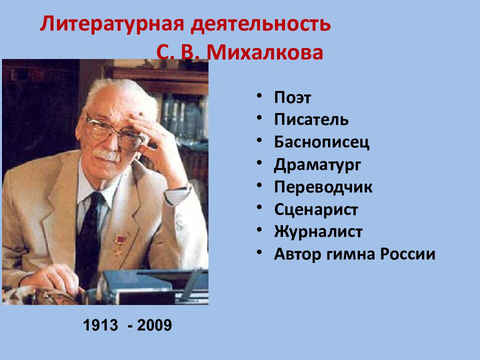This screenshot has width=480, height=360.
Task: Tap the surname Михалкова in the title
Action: [265, 52]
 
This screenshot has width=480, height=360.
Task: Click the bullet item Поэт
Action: [292, 97]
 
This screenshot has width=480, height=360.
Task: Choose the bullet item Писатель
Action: [311, 120]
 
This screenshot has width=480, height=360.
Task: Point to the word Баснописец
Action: [321, 142]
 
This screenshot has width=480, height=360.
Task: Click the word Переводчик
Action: [323, 187]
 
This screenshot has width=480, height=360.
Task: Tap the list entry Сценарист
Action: [316, 209]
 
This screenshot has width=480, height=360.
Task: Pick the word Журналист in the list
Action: [318, 232]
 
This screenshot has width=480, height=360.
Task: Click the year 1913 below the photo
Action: [100, 325]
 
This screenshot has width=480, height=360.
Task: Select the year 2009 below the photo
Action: [153, 325]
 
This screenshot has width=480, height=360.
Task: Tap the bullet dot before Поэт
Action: [260, 96]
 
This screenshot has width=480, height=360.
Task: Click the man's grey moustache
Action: [107, 156]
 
